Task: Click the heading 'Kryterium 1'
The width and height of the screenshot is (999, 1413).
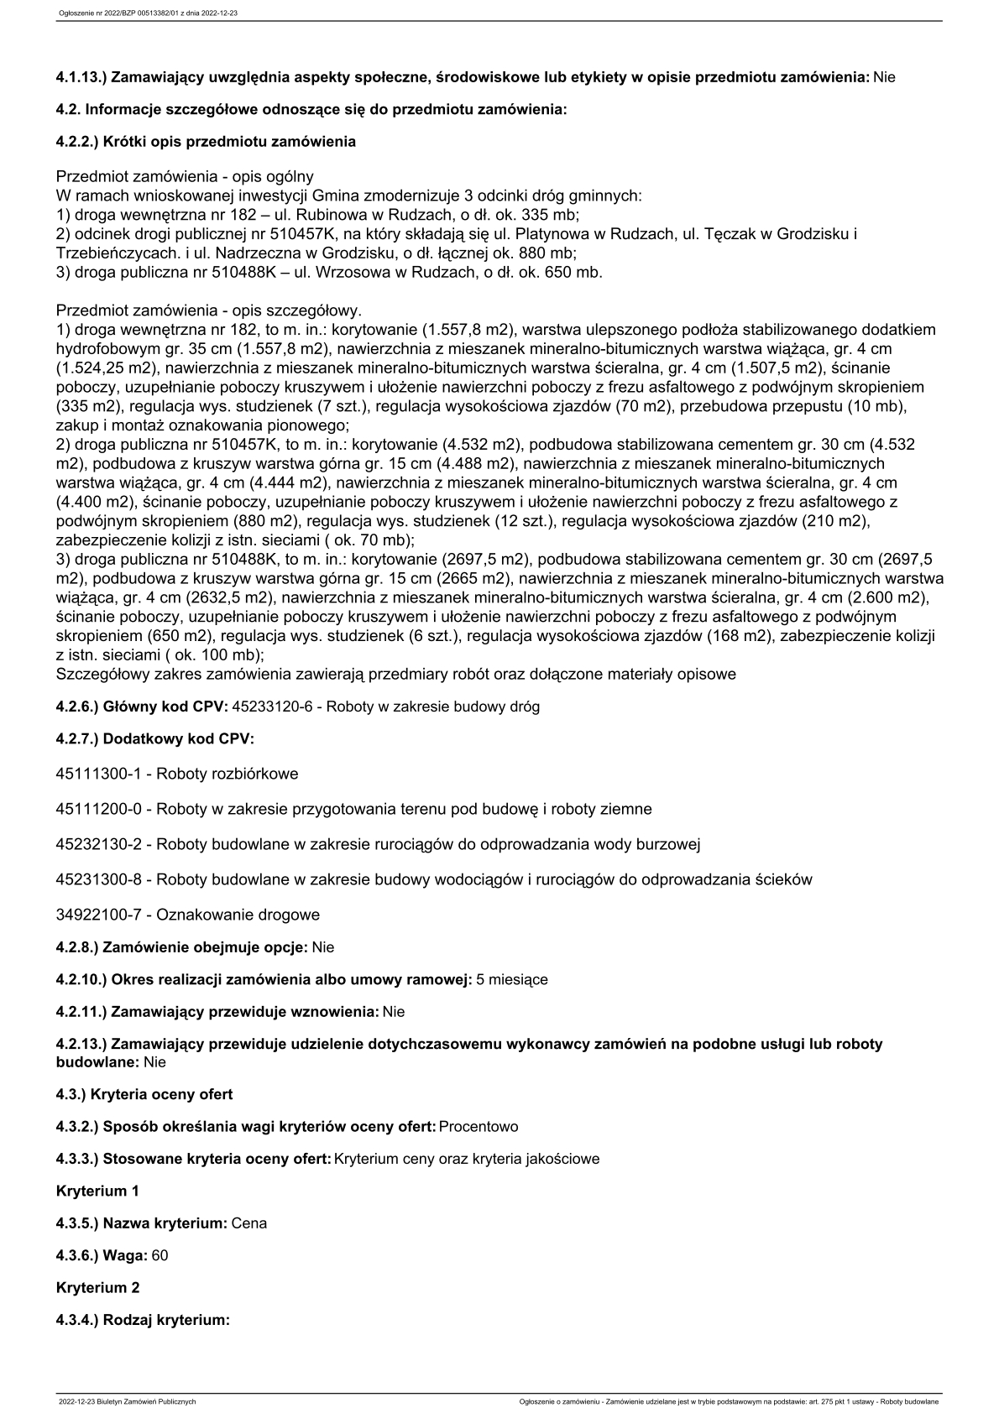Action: [x=97, y=1191]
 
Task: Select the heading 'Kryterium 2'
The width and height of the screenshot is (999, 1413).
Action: [x=97, y=1288]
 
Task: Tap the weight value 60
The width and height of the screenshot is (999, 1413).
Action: [x=160, y=1256]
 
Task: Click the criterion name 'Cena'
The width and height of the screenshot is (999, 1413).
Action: [x=249, y=1223]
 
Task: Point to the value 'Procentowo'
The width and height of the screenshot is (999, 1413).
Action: [x=479, y=1127]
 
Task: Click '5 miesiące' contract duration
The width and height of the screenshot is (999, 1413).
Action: [x=512, y=980]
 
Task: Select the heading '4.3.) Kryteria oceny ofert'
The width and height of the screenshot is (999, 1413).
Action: [x=144, y=1095]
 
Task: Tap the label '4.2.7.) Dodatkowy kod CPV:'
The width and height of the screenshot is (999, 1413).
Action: [x=154, y=739]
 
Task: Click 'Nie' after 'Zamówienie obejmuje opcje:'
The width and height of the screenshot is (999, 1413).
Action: [x=323, y=948]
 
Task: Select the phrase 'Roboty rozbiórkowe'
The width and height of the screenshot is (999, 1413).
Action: [x=228, y=774]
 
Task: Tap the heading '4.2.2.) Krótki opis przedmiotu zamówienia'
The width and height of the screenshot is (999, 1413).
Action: [x=206, y=142]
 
